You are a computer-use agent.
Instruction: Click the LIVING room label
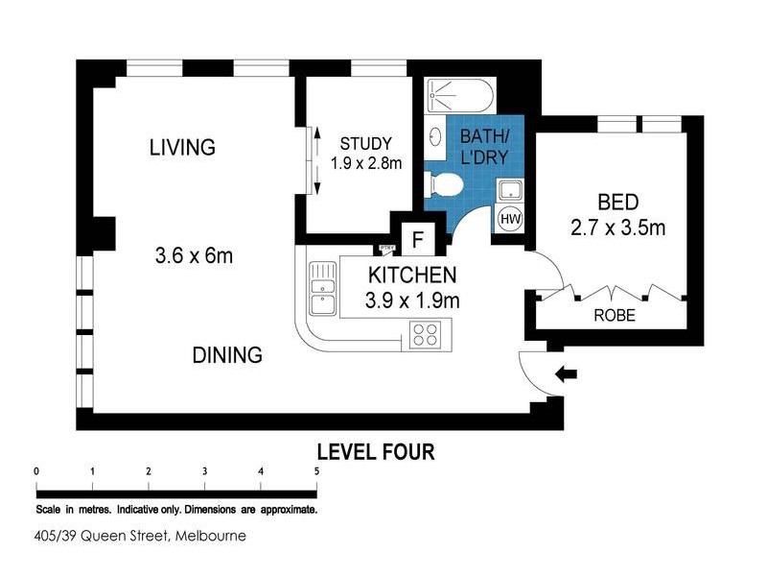click(182, 147)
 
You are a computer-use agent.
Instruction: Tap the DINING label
click(227, 355)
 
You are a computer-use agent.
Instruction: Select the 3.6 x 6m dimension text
click(195, 256)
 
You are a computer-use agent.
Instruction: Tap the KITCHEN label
click(412, 276)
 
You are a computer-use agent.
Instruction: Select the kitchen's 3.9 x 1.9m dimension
click(412, 300)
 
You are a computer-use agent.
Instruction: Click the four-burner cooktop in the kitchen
click(425, 334)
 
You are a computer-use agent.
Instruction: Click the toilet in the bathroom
click(442, 183)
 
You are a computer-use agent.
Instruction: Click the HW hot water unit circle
click(510, 219)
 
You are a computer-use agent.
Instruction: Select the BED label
click(617, 203)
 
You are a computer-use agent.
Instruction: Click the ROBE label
click(614, 316)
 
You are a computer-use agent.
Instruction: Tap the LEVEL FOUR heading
click(376, 451)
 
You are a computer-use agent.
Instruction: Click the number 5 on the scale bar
click(316, 471)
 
